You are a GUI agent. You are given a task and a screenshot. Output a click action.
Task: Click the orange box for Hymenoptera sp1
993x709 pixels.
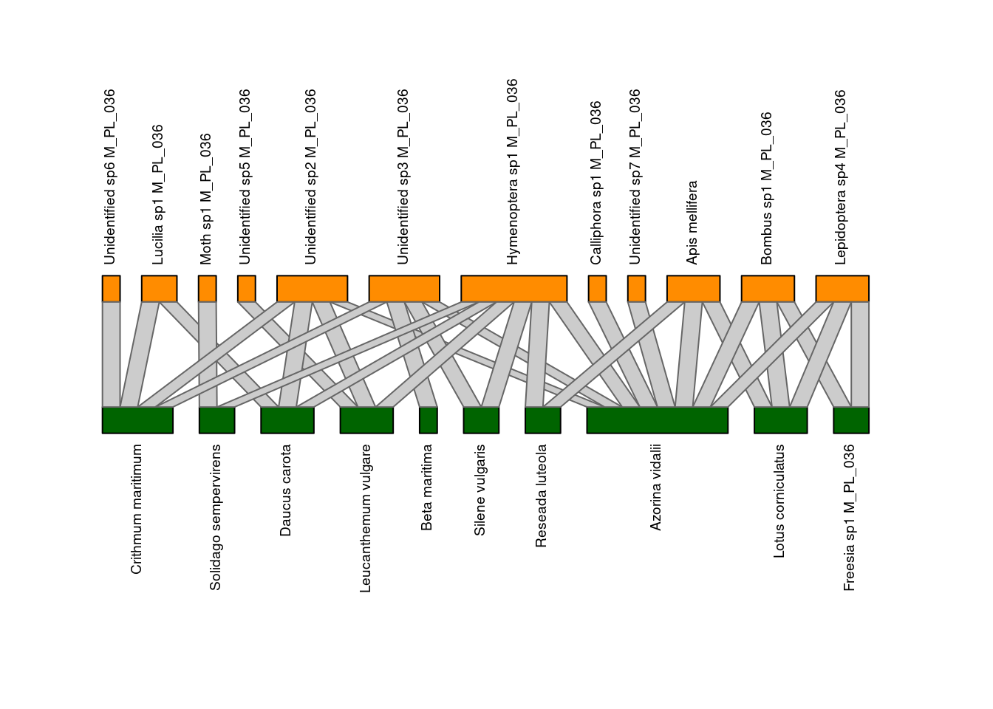pos(513,289)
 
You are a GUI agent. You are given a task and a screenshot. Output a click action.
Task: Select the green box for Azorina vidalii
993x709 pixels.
pos(657,420)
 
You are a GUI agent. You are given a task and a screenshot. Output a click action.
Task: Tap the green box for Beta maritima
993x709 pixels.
pos(429,420)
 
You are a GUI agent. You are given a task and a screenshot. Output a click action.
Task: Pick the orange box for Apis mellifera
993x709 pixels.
pos(693,289)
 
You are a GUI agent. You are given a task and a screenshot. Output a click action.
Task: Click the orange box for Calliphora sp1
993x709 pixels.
pos(597,289)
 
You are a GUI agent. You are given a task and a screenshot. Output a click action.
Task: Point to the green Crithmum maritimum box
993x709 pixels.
pos(137,420)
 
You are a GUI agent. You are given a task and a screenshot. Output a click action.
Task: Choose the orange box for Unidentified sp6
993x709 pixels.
pos(112,289)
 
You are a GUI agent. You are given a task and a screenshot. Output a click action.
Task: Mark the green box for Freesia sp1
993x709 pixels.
pos(851,420)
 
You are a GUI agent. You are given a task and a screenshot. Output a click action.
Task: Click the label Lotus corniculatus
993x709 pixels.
pos(779,501)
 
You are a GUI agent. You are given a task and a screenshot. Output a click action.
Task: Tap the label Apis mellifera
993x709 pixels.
pos(692,222)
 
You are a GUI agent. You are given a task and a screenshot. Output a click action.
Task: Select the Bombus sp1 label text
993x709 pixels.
pos(766,188)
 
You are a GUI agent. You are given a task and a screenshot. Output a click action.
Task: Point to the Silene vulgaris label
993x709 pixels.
pos(480,490)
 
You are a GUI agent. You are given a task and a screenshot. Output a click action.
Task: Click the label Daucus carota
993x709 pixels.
pos(285,490)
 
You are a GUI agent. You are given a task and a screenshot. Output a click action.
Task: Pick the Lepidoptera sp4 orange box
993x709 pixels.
pos(842,289)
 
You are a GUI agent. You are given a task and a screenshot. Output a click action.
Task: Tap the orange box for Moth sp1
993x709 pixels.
pos(208,289)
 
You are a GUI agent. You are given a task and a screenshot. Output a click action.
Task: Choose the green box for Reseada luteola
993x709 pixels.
pos(542,420)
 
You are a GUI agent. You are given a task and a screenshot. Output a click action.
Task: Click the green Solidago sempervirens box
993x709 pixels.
pos(216,420)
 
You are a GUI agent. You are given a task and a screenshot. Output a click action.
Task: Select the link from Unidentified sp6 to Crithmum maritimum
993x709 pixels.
pos(112,354)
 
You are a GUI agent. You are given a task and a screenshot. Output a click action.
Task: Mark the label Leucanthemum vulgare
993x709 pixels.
pos(365,518)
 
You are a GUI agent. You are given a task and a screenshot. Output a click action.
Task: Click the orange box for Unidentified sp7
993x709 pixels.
pos(637,289)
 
